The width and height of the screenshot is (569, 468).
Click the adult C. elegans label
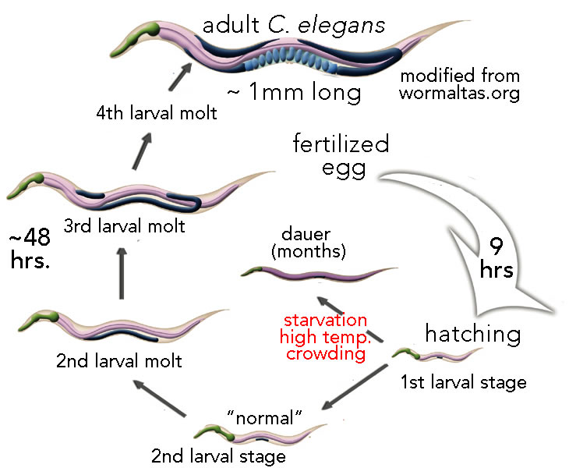click(294, 24)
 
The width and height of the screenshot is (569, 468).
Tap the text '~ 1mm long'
click(294, 94)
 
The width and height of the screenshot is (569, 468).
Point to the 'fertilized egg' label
click(341, 157)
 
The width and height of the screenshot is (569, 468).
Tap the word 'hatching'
click(472, 335)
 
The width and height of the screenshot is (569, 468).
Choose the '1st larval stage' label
click(463, 383)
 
